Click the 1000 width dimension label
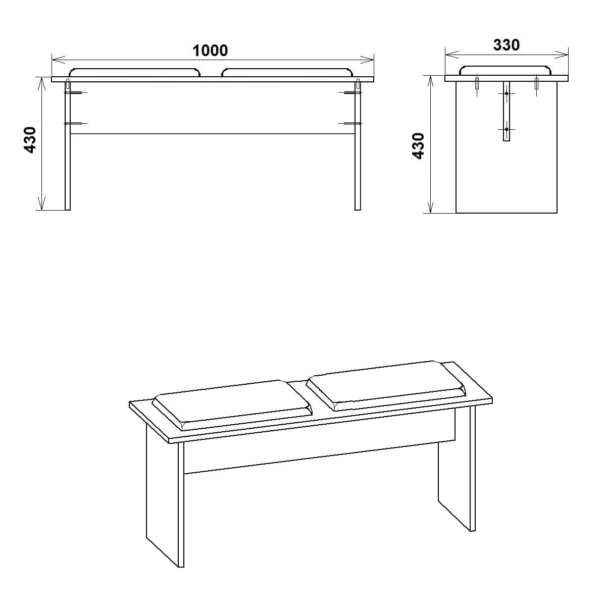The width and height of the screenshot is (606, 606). [210, 50]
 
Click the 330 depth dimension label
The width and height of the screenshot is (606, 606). [506, 45]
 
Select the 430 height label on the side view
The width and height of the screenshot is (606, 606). [419, 146]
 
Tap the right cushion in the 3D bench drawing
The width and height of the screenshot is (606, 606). [386, 384]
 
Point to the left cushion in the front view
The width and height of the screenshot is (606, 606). [135, 73]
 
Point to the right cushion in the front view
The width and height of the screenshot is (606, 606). [286, 73]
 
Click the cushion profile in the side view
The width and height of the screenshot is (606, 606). [506, 70]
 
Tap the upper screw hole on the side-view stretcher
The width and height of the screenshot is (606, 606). [507, 93]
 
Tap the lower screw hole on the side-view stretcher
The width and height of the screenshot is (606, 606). [507, 129]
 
